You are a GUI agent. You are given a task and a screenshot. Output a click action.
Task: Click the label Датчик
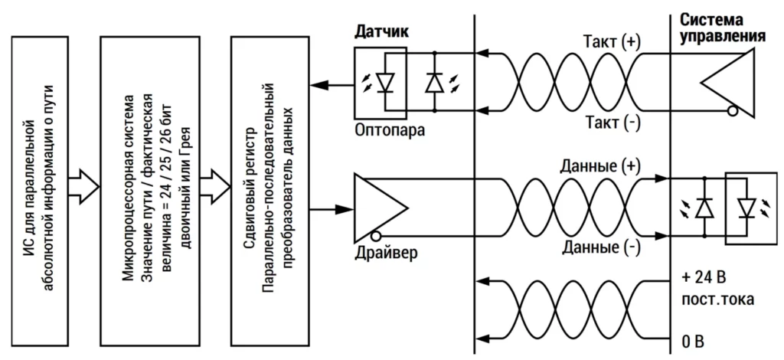click(381, 32)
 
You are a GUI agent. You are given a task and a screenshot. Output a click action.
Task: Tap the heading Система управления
click(723, 29)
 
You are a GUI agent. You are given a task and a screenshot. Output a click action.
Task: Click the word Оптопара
click(390, 129)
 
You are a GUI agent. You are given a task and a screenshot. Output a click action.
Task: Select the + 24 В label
click(702, 275)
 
